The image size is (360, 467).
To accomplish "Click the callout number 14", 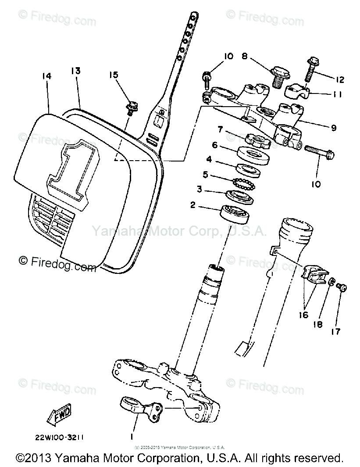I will [47, 76].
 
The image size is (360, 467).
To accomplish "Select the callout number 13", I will [75, 71].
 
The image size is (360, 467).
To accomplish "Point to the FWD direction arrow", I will [59, 415].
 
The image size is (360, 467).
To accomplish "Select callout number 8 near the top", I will [244, 56].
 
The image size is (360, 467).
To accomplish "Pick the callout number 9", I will [334, 128].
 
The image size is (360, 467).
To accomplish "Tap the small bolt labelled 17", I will [343, 288].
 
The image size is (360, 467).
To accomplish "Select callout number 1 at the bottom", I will [132, 437].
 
